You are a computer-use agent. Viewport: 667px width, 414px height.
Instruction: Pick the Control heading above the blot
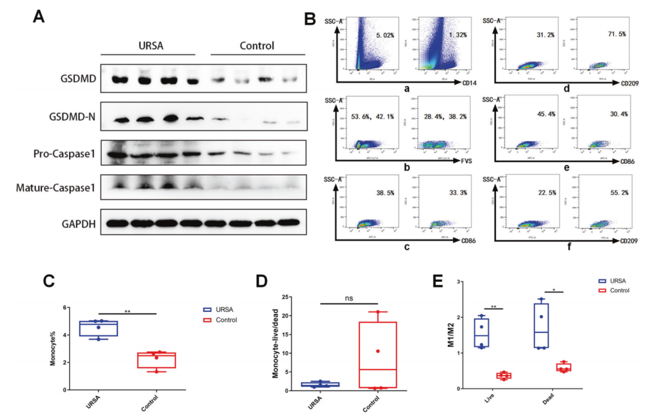tap(256, 46)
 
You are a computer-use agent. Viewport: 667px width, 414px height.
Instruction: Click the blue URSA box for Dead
tap(542, 326)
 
